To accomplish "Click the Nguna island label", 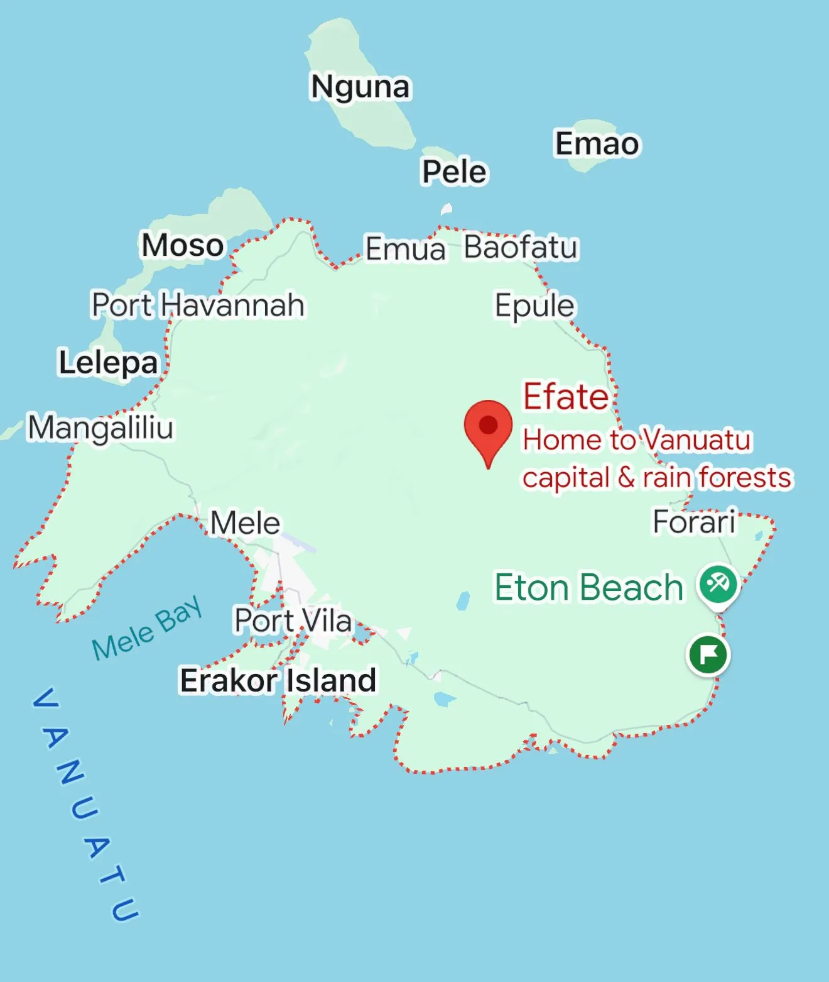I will click(360, 87).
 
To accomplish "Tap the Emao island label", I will click(597, 144).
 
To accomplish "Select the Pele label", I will click(454, 172).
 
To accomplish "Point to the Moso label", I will click(183, 245).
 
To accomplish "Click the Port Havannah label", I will click(198, 305).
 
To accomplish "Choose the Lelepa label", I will click(108, 363).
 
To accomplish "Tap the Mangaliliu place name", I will click(100, 428).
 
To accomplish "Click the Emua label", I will click(405, 248).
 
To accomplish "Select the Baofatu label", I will click(521, 247).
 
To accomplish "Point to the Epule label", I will click(534, 306).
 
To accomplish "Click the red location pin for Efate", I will click(488, 427).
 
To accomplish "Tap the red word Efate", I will click(566, 397).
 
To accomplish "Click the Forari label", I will click(694, 522).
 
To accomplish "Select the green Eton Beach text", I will click(588, 588).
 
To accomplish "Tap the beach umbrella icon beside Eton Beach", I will click(718, 585).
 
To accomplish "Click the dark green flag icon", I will click(708, 655).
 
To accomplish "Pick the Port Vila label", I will click(293, 621).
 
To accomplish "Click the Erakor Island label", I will click(278, 680).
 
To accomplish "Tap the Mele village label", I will click(245, 523).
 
